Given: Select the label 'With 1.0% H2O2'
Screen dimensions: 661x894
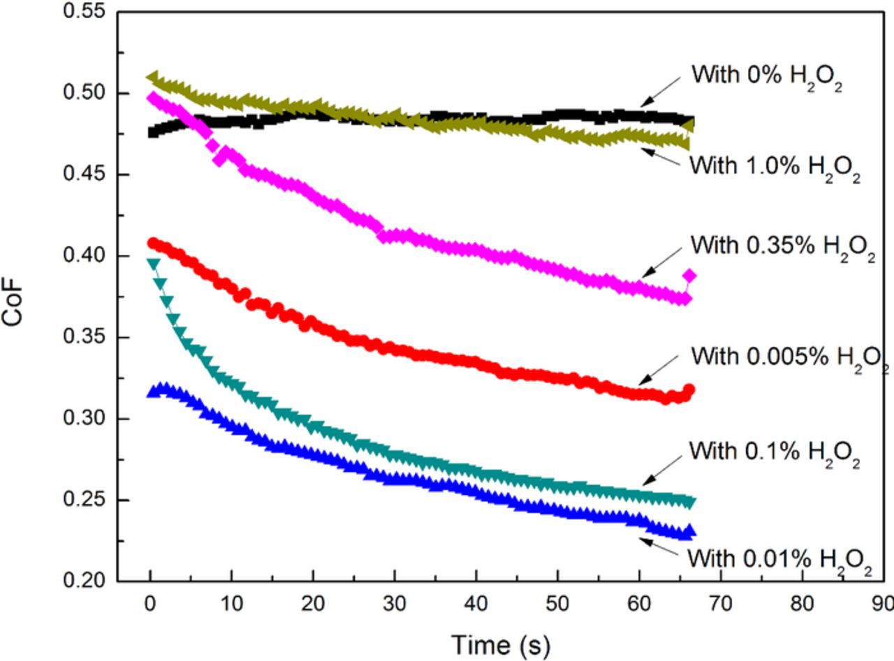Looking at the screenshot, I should click(x=774, y=168).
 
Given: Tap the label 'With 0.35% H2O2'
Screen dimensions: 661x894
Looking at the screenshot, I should click(x=782, y=247).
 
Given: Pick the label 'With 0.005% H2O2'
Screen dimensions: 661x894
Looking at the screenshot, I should click(x=789, y=359).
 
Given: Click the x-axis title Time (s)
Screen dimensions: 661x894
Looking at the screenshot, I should click(x=500, y=644).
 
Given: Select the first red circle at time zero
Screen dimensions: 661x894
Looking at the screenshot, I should click(x=152, y=243).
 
